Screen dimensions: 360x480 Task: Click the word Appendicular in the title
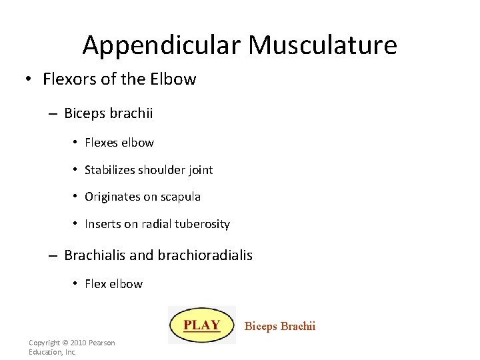pyautogui.click(x=162, y=45)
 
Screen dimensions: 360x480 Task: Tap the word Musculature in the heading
pyautogui.click(x=323, y=45)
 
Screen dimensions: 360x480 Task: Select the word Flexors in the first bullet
pyautogui.click(x=68, y=79)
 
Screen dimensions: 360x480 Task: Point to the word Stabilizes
pyautogui.click(x=109, y=170)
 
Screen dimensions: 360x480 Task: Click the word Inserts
pyautogui.click(x=101, y=224)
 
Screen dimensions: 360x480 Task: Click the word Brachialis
pyautogui.click(x=93, y=255)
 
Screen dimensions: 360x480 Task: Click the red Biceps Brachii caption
pyautogui.click(x=279, y=326)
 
